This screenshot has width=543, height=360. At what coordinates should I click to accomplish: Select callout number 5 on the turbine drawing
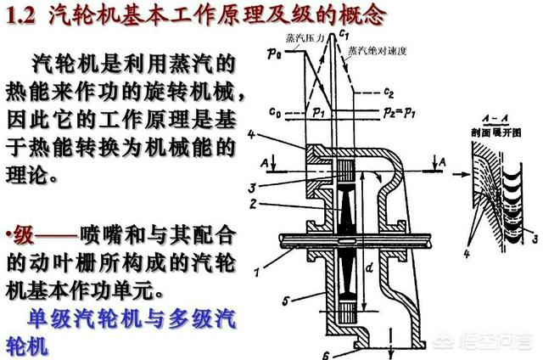(x=287, y=299)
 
